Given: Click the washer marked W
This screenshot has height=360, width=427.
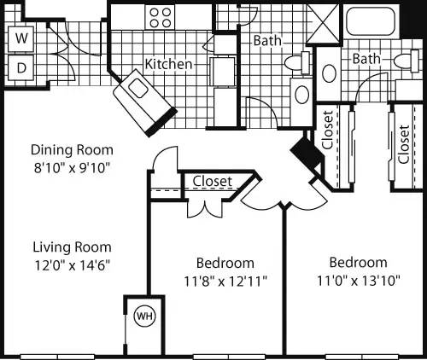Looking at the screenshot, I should point(21,39).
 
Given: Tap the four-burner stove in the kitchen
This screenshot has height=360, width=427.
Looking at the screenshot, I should point(160,17).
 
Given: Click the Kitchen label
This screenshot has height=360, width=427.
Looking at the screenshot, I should point(167,64).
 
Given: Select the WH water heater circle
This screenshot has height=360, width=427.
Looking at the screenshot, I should point(142,316).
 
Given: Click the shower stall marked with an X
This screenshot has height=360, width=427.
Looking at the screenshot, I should point(324,22).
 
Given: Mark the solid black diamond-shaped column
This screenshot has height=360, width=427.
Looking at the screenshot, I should point(303,151).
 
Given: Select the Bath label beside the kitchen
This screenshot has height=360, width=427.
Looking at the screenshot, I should point(266,40).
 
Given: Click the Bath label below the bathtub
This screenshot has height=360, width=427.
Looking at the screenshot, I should point(366,59).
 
